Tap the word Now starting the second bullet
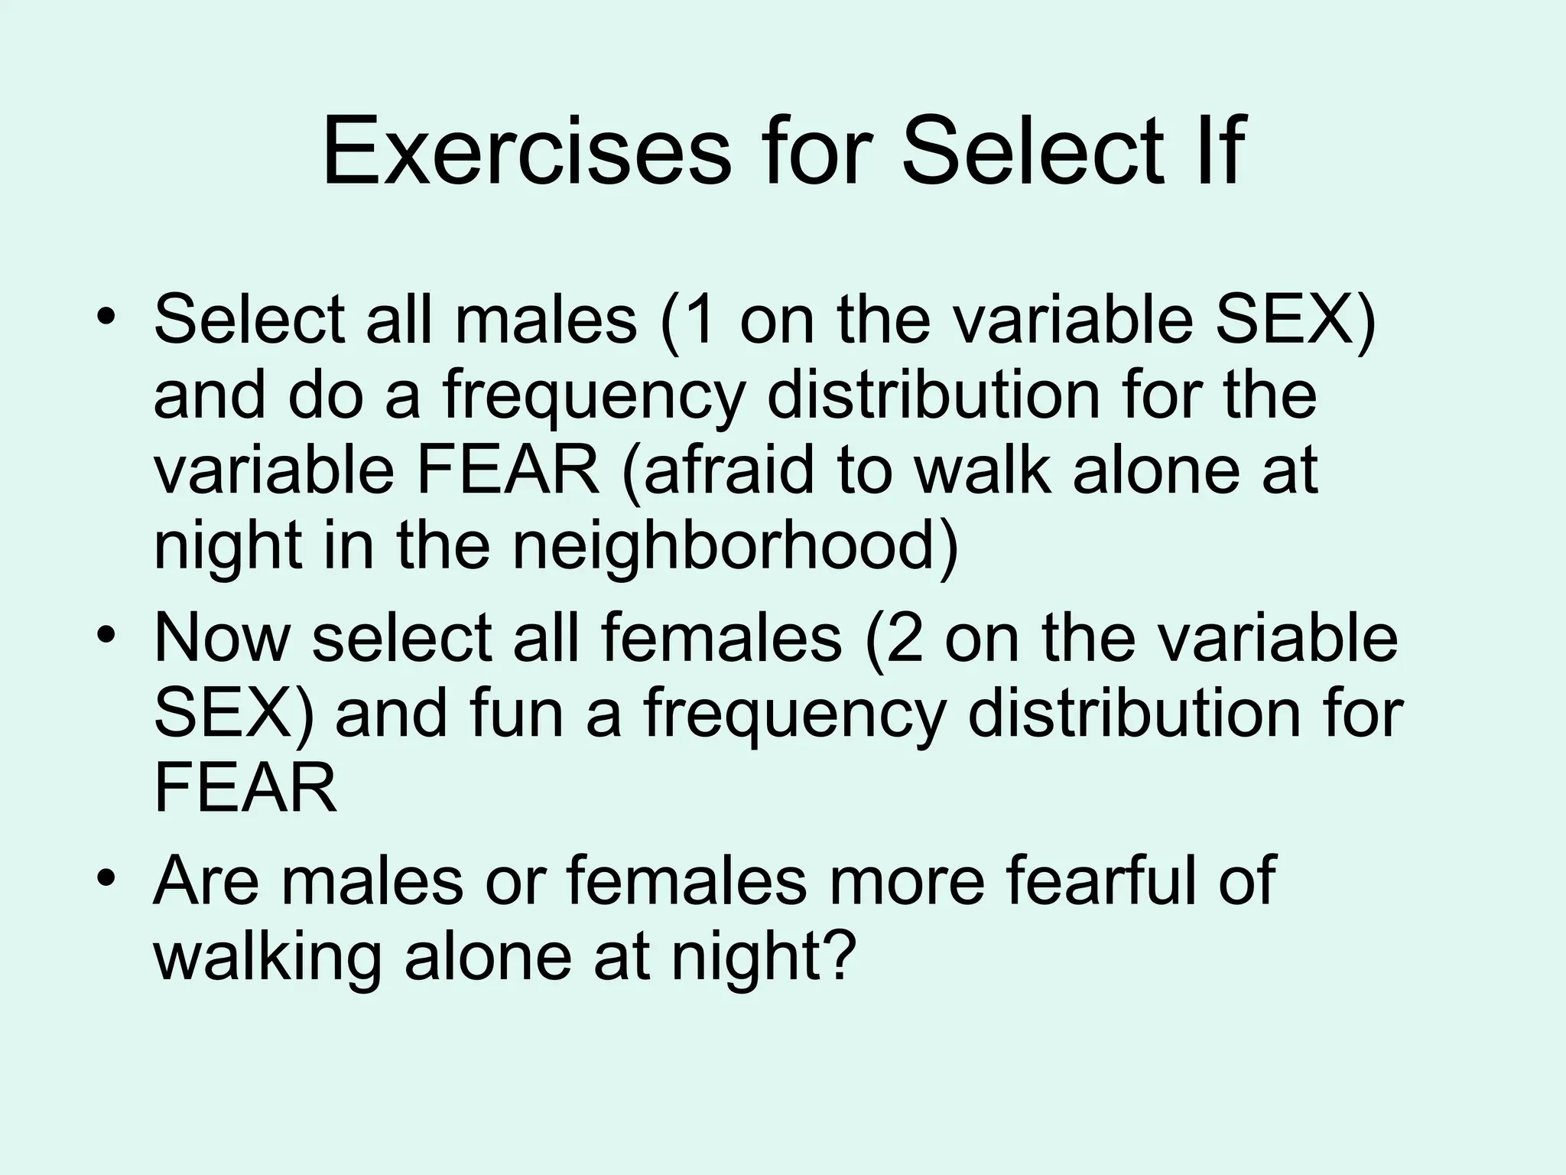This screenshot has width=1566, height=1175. [222, 638]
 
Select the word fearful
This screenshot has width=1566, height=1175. [1104, 880]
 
